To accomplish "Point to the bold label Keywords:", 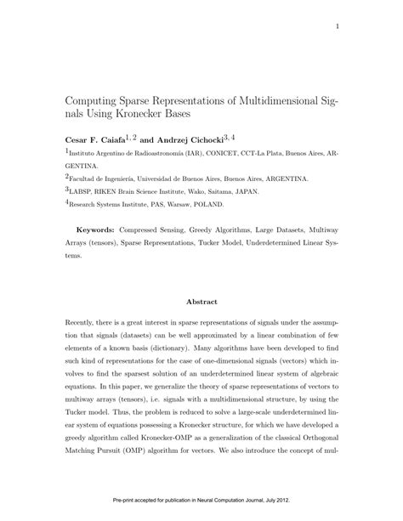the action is pos(96,229).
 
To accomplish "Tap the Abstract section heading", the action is pos(202,301).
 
